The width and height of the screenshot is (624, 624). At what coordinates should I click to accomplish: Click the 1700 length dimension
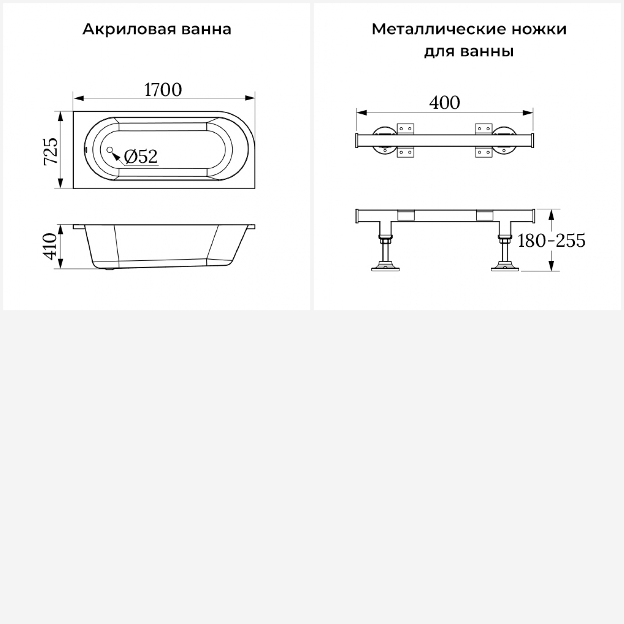[x=163, y=90]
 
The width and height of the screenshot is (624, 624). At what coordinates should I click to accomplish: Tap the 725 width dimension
[x=51, y=151]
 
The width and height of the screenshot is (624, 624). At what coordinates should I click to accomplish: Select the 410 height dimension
[x=51, y=247]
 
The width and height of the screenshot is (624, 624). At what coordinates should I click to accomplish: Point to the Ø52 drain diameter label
[x=141, y=156]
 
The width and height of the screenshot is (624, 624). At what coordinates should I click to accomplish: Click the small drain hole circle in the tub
[x=110, y=149]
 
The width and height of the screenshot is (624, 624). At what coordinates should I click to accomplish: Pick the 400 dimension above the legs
[x=444, y=103]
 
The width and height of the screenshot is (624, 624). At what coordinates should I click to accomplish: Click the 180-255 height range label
[x=552, y=240]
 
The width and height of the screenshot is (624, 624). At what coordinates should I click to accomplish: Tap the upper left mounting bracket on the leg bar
[x=406, y=129]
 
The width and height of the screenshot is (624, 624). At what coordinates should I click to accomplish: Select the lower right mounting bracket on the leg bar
[x=484, y=152]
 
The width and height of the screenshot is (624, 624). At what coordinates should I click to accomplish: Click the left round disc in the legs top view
[x=384, y=141]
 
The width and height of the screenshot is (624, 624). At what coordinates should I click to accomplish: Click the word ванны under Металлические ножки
[x=487, y=52]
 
